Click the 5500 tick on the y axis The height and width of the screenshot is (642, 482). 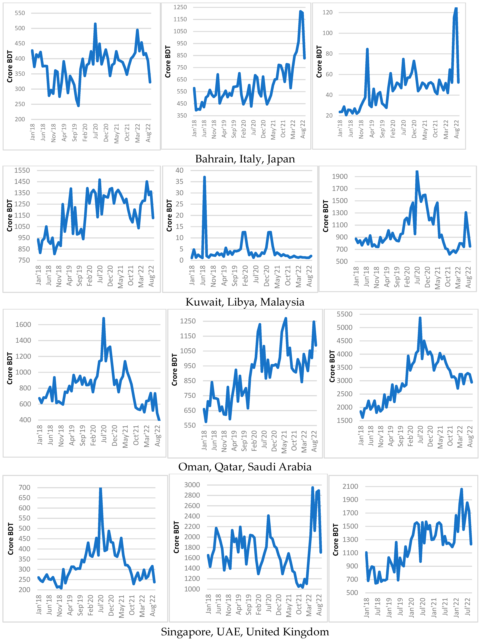pos(344,314)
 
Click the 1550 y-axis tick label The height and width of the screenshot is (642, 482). pos(22,170)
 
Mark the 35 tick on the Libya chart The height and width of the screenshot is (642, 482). pos(180,182)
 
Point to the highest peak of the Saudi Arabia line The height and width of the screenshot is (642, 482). pos(420,318)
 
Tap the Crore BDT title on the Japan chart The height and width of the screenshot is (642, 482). pos(319,62)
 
